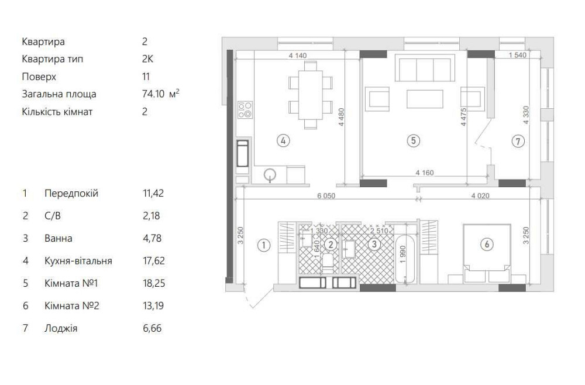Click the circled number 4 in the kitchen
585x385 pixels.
(283, 140)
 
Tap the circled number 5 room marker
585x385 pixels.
(413, 140)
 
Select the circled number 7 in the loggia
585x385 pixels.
(518, 141)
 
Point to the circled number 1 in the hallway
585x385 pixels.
(264, 245)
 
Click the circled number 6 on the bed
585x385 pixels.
(487, 245)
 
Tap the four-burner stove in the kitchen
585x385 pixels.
(245, 109)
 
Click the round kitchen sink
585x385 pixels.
(270, 174)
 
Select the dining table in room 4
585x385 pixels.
(311, 95)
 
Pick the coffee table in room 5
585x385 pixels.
(425, 99)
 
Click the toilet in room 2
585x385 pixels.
(328, 263)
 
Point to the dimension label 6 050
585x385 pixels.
(326, 195)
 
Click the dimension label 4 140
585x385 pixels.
(297, 56)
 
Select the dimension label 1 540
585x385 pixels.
(518, 55)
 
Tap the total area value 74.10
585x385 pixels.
(153, 94)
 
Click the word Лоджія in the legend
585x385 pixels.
(61, 328)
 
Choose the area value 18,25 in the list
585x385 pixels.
(154, 283)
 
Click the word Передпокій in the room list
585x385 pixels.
(71, 193)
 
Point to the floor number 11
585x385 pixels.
(146, 77)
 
